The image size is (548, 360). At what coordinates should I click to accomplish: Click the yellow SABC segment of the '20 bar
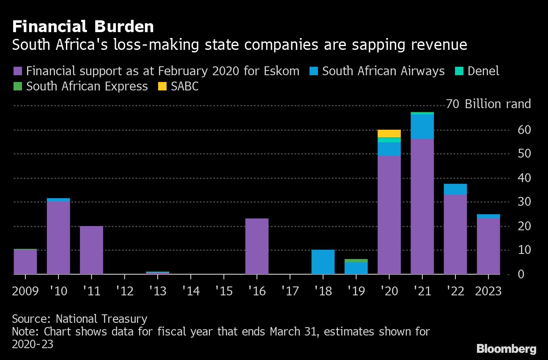[389, 134]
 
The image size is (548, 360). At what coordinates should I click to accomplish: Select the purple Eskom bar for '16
[257, 246]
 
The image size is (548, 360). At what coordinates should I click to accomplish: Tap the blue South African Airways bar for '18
[323, 262]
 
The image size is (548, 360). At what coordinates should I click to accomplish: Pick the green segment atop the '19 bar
[356, 261]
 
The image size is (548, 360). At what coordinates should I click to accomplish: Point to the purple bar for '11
[91, 250]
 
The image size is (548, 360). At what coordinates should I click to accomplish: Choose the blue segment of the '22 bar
[455, 189]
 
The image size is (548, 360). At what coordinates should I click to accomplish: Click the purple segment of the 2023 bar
[488, 246]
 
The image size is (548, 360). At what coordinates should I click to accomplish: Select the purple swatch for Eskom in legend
[18, 71]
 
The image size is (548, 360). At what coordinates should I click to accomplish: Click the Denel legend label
[483, 71]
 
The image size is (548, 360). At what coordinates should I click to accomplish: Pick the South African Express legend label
[87, 87]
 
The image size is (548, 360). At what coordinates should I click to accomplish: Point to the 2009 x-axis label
[25, 292]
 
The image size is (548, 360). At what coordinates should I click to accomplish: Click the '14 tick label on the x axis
[191, 292]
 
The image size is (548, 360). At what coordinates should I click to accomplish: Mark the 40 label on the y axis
[512, 178]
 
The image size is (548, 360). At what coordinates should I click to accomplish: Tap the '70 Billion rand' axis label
[488, 104]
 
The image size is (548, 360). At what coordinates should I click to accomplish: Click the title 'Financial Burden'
[83, 27]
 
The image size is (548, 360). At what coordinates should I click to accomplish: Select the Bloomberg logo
[506, 349]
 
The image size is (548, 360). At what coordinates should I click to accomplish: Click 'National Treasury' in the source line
[101, 319]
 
